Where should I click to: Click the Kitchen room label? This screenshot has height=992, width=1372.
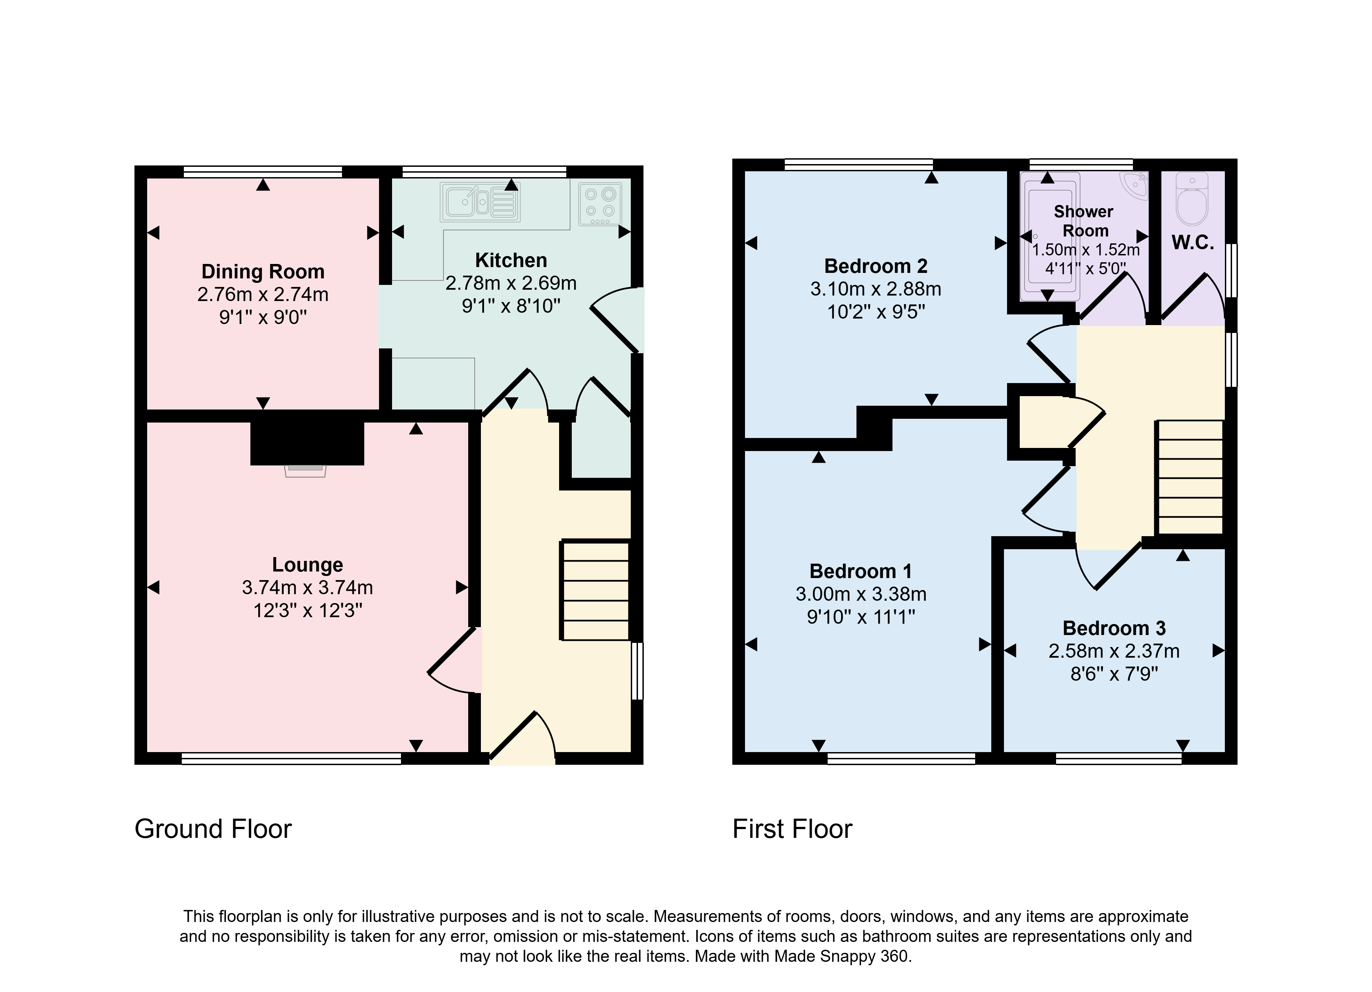coord(511,260)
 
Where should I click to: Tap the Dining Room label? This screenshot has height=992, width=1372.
coord(262,272)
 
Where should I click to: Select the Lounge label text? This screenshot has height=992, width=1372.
coord(307,565)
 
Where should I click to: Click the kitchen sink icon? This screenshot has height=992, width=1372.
coord(481,201)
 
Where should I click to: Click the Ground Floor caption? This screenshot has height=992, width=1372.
coord(213,829)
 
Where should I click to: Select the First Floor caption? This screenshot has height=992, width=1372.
coord(792,829)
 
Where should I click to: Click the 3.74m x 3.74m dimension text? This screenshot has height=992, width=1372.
coord(307,588)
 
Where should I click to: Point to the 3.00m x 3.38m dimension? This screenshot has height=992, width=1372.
coord(861,595)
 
